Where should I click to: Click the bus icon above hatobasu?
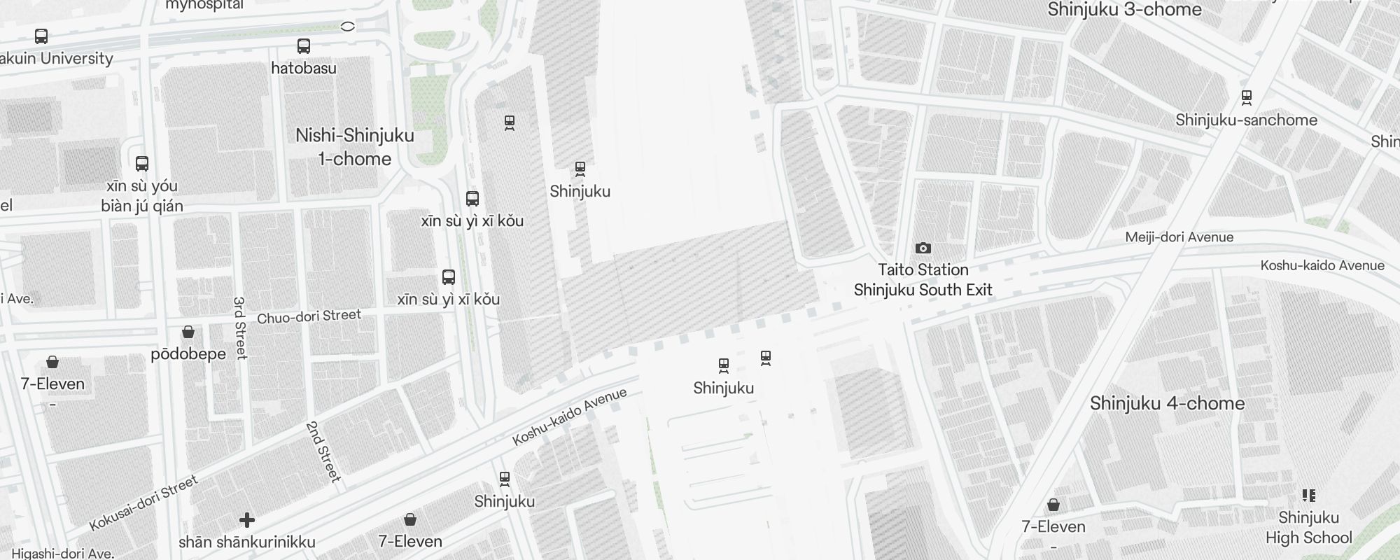tap(304, 46)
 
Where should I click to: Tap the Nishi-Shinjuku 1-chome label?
tap(355, 147)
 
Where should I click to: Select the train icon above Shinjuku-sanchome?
tap(1246, 97)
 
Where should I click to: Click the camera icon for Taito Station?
tap(923, 248)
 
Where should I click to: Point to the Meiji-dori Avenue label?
tap(1179, 237)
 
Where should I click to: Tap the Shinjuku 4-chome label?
tap(1167, 403)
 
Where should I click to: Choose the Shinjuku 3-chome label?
tap(1124, 9)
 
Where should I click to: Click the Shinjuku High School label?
tap(1308, 528)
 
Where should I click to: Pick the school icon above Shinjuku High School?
tap(1308, 496)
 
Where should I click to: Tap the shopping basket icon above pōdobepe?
tap(188, 332)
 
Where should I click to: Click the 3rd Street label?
tap(240, 328)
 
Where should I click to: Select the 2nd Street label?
tap(323, 451)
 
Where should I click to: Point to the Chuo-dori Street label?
tap(309, 317)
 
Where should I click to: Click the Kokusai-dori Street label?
tap(143, 503)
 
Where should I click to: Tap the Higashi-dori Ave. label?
tap(63, 553)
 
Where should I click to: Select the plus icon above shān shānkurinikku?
tap(246, 520)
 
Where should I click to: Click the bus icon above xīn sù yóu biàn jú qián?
tap(142, 164)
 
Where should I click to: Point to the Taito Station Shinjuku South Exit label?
tap(923, 280)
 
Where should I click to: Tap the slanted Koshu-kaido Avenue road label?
tap(569, 417)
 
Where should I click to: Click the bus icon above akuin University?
tap(41, 36)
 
